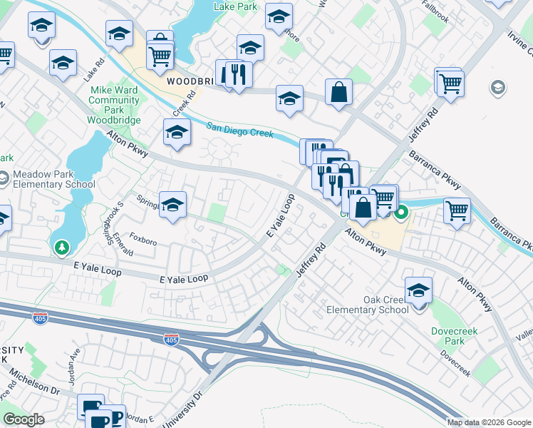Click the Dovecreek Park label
click(x=453, y=336)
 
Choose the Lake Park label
click(x=235, y=6)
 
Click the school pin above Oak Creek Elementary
click(x=418, y=290)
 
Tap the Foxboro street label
click(x=143, y=242)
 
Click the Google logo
click(x=24, y=419)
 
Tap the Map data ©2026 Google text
click(x=489, y=422)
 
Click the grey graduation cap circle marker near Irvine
click(x=498, y=88)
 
